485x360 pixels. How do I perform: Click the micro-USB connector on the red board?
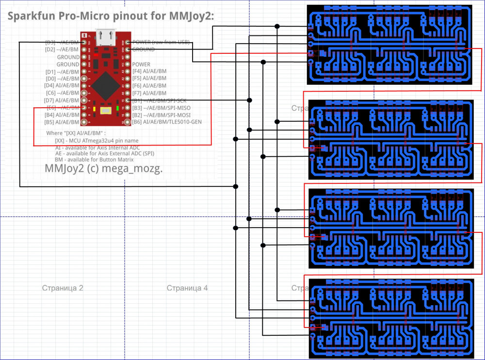(x=105, y=36)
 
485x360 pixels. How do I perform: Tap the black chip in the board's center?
(x=105, y=85)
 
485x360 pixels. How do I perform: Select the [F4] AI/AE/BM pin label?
(x=149, y=71)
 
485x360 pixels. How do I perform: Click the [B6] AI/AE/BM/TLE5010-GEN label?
(x=167, y=122)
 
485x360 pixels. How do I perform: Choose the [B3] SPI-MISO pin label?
(x=161, y=108)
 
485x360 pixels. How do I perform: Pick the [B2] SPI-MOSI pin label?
(x=161, y=115)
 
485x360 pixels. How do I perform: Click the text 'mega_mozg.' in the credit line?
(x=138, y=169)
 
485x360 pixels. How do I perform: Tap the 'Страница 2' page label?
(x=63, y=288)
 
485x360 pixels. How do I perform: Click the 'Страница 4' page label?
(x=187, y=288)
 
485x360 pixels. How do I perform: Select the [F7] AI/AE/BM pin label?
(x=149, y=93)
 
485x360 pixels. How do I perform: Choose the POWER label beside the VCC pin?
(x=141, y=64)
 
